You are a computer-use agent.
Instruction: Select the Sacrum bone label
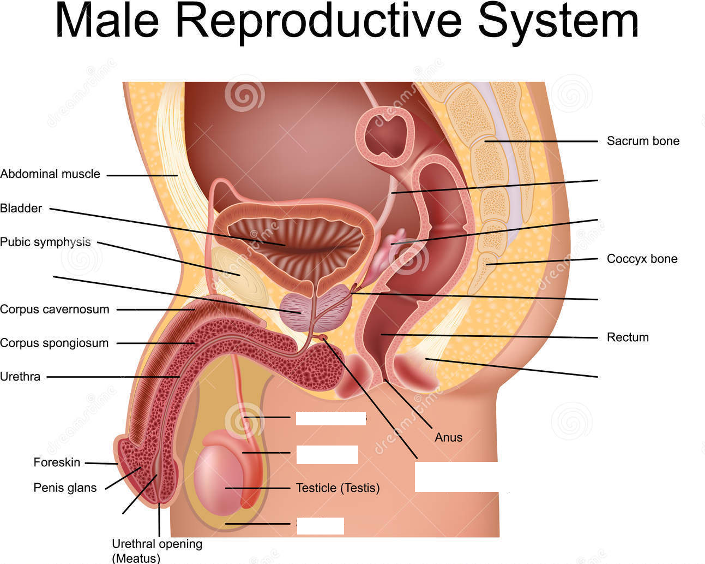tap(643, 141)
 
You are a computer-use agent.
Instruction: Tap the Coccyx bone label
tap(642, 259)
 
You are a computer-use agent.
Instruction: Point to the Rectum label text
tap(628, 337)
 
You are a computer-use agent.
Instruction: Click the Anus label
tap(448, 437)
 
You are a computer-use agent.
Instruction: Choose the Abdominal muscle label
tap(50, 174)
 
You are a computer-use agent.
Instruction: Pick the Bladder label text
tap(21, 208)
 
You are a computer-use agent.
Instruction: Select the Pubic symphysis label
tap(45, 242)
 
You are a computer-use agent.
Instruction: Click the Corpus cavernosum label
tap(55, 310)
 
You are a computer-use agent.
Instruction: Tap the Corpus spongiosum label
tap(54, 343)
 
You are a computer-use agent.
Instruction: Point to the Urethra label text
tap(20, 377)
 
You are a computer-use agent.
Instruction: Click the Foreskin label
tap(57, 462)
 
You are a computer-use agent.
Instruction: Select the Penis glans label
tap(65, 488)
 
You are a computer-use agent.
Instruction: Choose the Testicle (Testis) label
tap(338, 488)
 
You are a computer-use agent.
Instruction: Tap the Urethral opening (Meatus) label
tap(157, 550)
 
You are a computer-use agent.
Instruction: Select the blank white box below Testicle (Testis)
tap(320, 525)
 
